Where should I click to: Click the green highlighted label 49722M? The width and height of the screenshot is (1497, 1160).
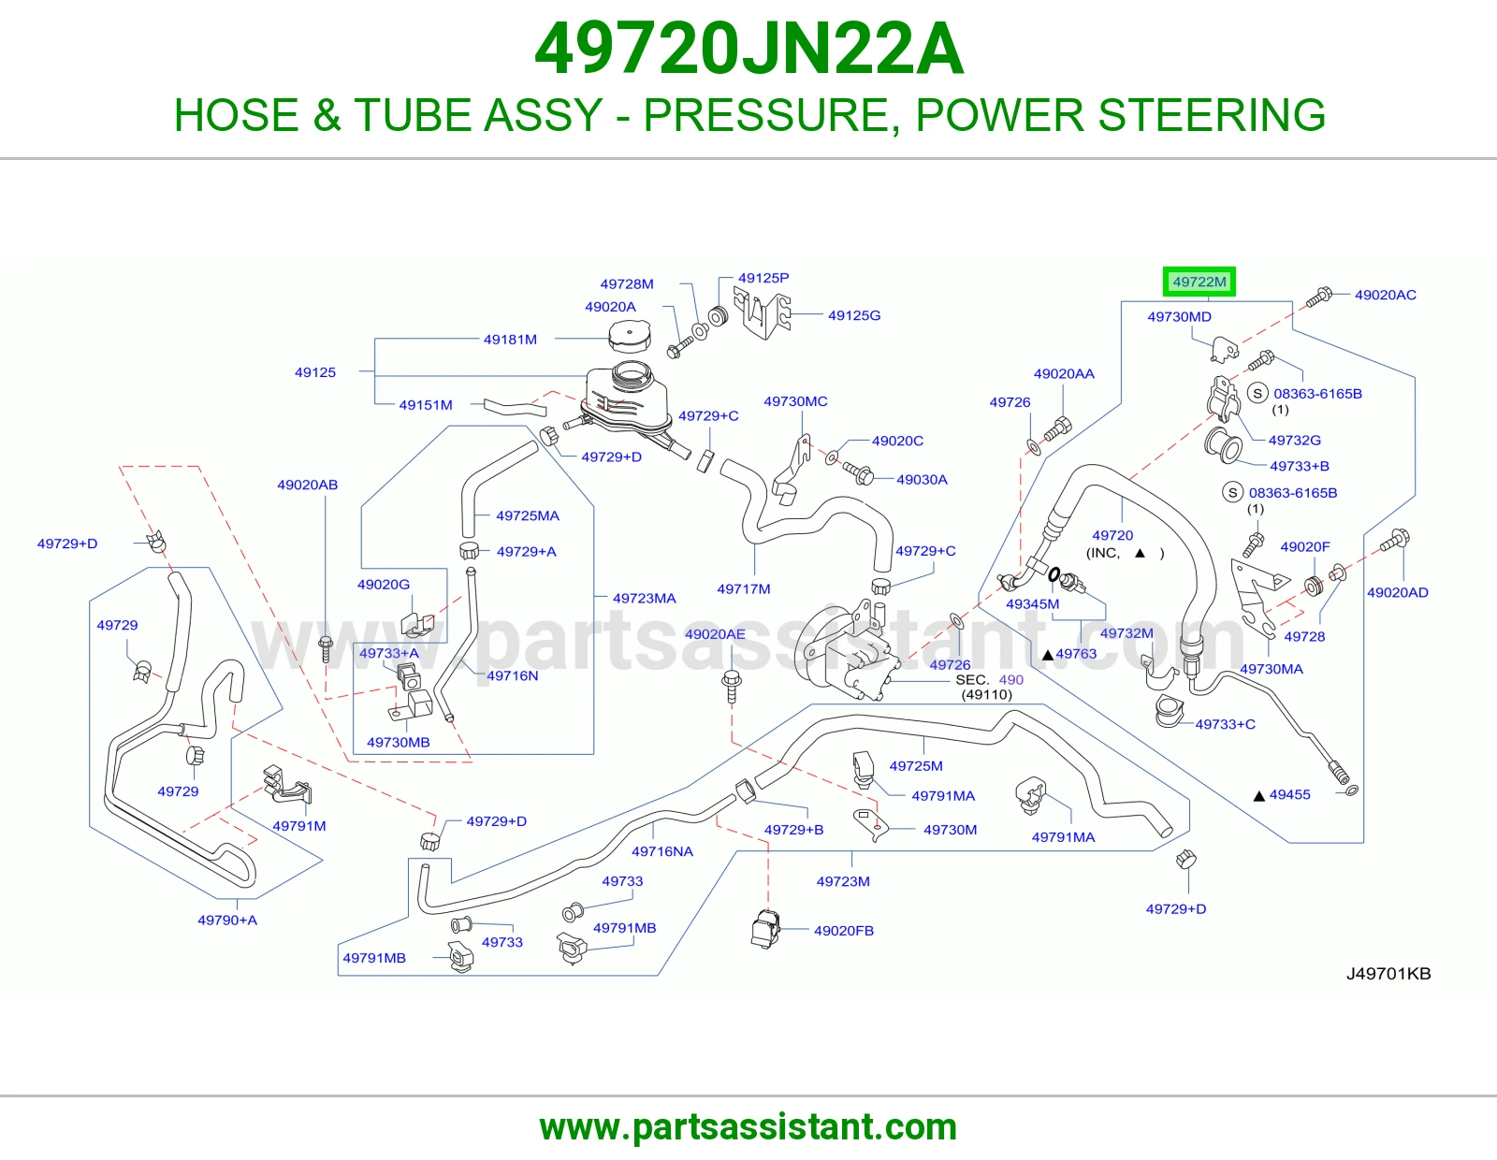coord(1199,282)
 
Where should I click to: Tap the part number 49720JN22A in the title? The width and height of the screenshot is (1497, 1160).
coord(748,49)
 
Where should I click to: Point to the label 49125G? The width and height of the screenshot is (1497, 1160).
coord(854,315)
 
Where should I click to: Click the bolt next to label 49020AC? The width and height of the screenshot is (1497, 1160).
coord(1319,297)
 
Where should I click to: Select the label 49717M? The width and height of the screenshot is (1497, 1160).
coord(743,589)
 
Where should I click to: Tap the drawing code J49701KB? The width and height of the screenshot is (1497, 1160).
coord(1388,973)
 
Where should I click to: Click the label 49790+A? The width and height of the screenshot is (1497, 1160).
coord(227,920)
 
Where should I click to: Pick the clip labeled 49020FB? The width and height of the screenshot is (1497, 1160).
coord(765,929)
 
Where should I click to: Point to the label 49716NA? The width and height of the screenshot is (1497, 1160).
coord(662,851)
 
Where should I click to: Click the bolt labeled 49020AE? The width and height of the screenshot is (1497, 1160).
coord(732,687)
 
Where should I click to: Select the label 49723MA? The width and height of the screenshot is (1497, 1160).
coord(644,598)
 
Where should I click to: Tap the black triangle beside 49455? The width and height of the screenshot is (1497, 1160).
coord(1258,796)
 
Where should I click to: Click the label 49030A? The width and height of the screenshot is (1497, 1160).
coord(922,479)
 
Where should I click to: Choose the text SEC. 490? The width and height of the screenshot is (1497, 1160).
coord(989,680)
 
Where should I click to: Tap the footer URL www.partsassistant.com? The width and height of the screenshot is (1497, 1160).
coord(748,1127)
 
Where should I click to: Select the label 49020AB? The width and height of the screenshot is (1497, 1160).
coord(307,485)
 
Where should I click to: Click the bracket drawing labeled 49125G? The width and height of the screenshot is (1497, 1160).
coord(762,315)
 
